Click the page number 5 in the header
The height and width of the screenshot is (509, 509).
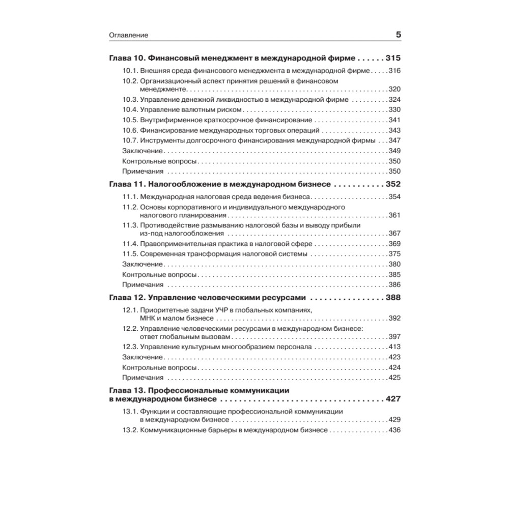[398, 35]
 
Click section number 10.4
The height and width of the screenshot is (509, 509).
[131, 110]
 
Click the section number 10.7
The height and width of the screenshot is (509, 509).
[131, 140]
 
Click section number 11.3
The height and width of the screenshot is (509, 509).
[131, 225]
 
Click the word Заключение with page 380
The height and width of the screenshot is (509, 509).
[143, 264]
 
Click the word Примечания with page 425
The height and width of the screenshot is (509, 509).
[143, 377]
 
